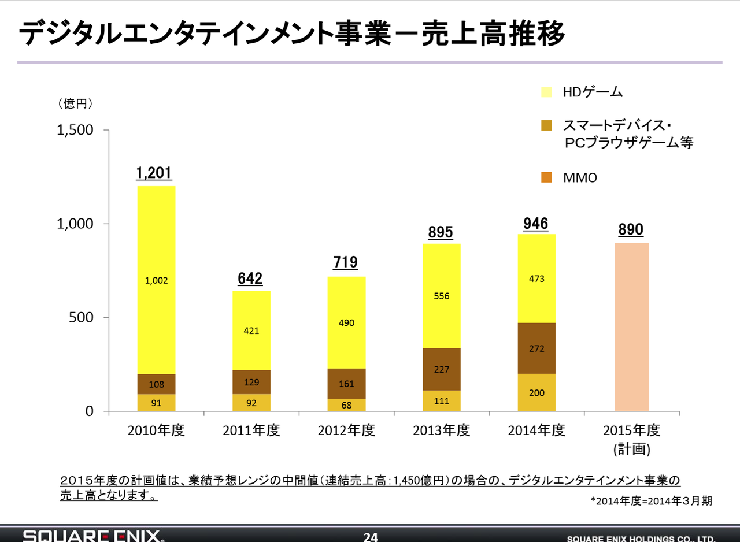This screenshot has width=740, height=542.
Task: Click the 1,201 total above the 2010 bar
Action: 154,173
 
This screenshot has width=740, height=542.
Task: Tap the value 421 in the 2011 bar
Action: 251,331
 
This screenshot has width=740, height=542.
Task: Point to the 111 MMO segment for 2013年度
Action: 442,401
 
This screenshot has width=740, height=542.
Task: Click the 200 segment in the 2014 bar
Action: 536,393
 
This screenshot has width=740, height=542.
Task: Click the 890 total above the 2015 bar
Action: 631,230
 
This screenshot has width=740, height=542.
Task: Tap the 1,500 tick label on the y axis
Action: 75,130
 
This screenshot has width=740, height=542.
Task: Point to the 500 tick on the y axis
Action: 82,318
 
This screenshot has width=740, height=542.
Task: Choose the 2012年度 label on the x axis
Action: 346,430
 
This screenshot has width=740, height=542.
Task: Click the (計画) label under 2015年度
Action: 631,449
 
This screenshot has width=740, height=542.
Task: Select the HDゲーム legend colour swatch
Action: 546,91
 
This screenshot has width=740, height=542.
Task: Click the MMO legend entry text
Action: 580,178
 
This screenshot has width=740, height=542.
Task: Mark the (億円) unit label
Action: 75,104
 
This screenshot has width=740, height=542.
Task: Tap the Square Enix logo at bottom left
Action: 93,536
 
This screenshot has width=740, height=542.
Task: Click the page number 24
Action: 371,537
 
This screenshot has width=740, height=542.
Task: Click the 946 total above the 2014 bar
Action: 536,223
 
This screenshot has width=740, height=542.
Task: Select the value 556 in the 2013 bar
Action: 442,296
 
